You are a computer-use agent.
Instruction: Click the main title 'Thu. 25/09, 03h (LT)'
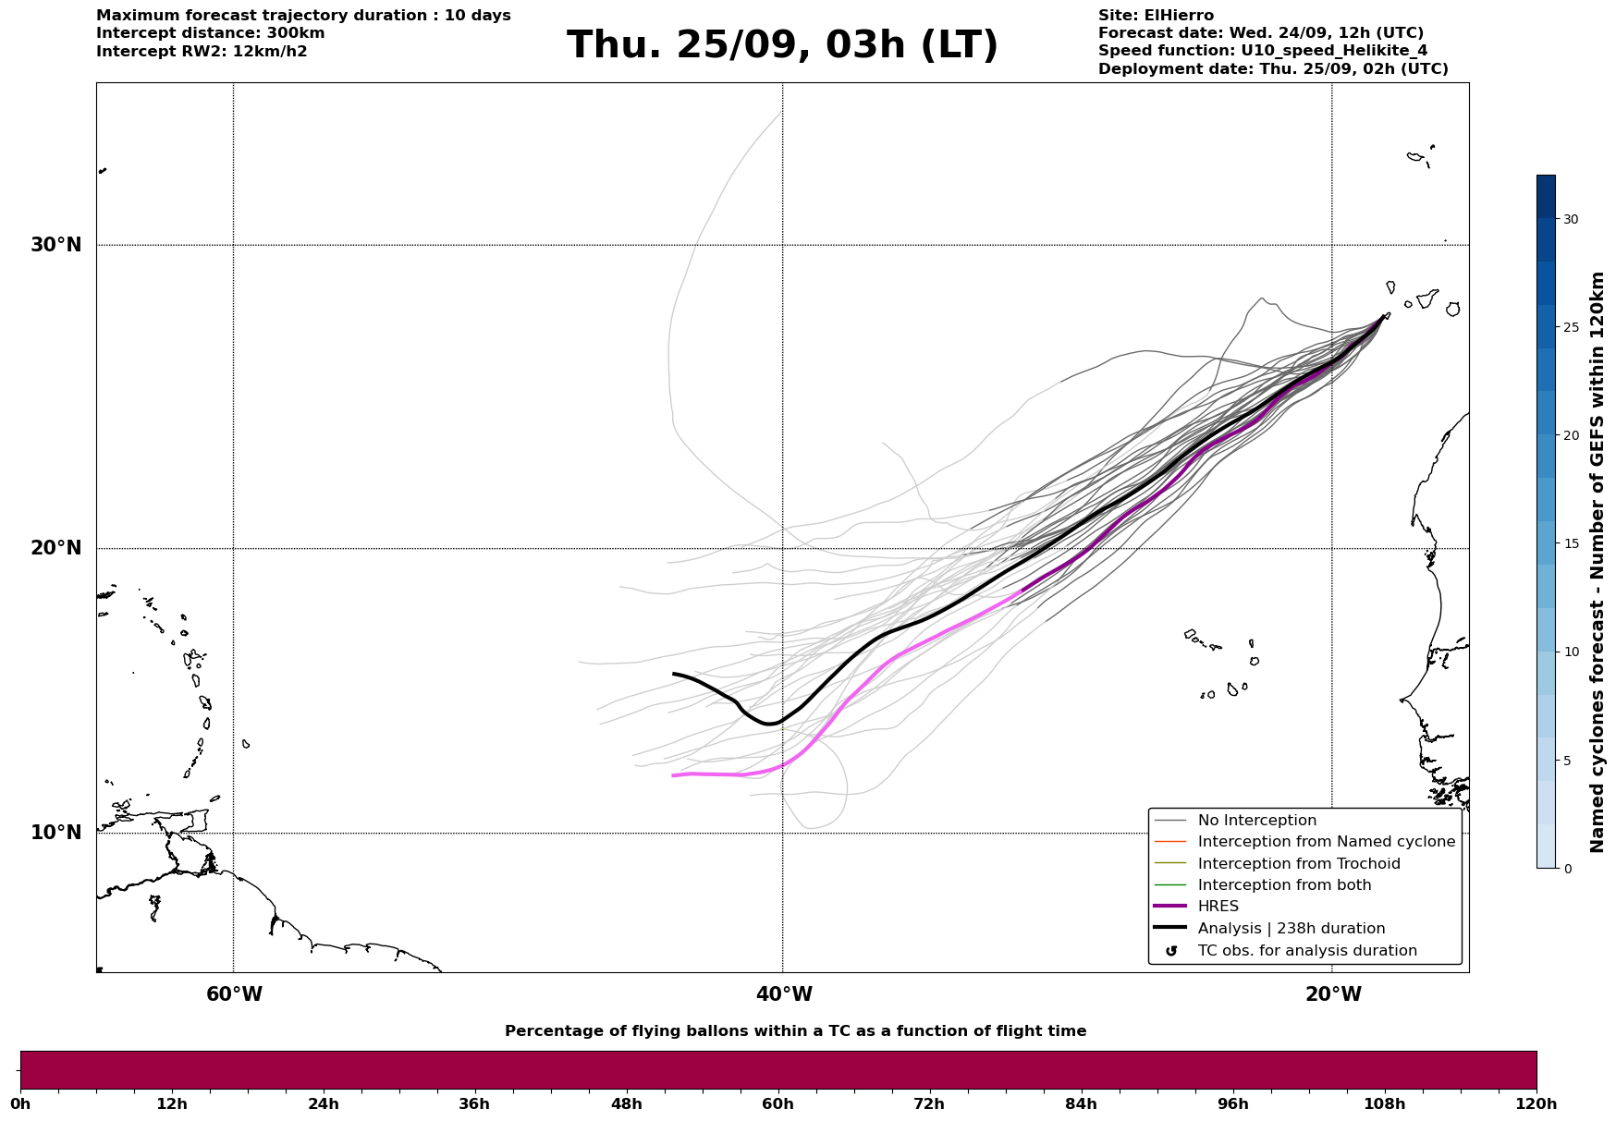pyautogui.click(x=782, y=45)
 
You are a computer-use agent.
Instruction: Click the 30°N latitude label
pyautogui.click(x=56, y=245)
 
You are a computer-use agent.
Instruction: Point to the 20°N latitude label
pyautogui.click(x=56, y=548)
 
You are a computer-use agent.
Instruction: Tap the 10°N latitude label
pyautogui.click(x=56, y=833)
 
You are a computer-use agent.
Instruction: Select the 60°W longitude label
pyautogui.click(x=234, y=994)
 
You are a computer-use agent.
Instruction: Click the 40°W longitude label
pyautogui.click(x=784, y=994)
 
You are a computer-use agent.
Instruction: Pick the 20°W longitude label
pyautogui.click(x=1333, y=994)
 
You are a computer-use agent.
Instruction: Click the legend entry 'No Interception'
pyautogui.click(x=1256, y=821)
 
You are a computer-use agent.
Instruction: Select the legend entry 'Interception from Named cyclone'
pyautogui.click(x=1326, y=842)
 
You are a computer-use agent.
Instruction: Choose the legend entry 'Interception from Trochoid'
pyautogui.click(x=1298, y=864)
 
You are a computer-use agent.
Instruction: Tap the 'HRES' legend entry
pyautogui.click(x=1218, y=907)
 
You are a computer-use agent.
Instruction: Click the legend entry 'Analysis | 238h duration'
pyautogui.click(x=1291, y=929)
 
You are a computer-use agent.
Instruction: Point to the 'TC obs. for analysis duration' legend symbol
pyautogui.click(x=1171, y=951)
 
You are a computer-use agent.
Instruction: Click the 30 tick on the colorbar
pyautogui.click(x=1571, y=219)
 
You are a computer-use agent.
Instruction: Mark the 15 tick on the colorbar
pyautogui.click(x=1571, y=543)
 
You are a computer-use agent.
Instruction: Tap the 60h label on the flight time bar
pyautogui.click(x=777, y=1103)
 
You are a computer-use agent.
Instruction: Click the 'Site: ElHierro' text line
pyautogui.click(x=1156, y=16)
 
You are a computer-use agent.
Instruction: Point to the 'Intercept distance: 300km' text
pyautogui.click(x=210, y=33)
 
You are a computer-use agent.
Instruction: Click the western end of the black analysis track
pyautogui.click(x=674, y=674)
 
